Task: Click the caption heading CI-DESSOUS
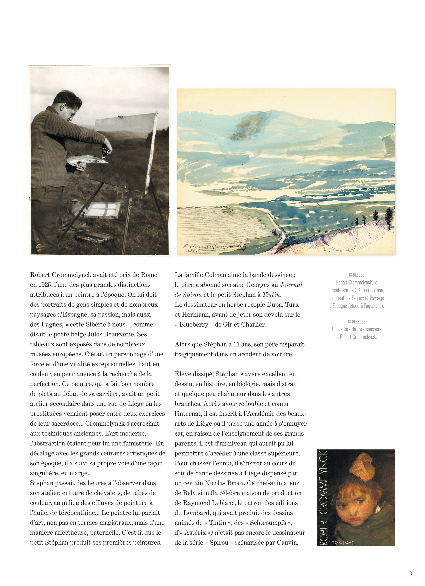[357, 322]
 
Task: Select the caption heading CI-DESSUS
[357, 275]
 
